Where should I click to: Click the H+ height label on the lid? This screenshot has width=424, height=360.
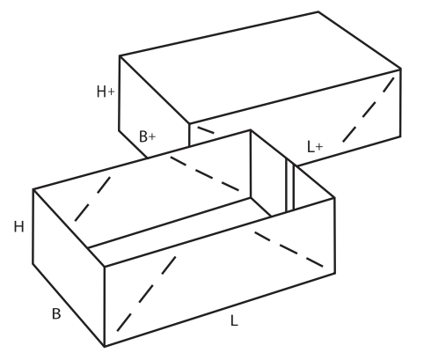tap(106, 92)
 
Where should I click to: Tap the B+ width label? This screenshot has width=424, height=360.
tap(147, 136)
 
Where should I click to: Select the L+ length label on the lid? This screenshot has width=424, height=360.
tap(315, 146)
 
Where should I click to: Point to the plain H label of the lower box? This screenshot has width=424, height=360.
tap(19, 227)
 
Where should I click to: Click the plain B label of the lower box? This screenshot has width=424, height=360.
tap(56, 313)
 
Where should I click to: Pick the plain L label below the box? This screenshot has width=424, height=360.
tap(234, 320)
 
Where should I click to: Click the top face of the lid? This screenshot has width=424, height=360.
tap(260, 67)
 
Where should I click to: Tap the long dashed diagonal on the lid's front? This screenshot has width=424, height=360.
tap(369, 110)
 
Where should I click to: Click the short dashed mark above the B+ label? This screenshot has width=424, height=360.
tap(206, 130)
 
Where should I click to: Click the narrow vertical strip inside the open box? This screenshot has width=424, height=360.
tap(290, 186)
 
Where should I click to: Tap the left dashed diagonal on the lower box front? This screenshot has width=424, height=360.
tap(146, 294)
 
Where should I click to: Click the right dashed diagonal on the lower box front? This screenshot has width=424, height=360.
tap(289, 249)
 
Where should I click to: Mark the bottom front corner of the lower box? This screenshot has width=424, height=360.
tap(105, 347)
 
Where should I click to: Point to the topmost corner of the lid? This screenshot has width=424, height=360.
tap(318, 11)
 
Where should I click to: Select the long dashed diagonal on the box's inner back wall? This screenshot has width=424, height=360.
tap(205, 174)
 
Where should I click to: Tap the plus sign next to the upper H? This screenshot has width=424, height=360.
tap(111, 92)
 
